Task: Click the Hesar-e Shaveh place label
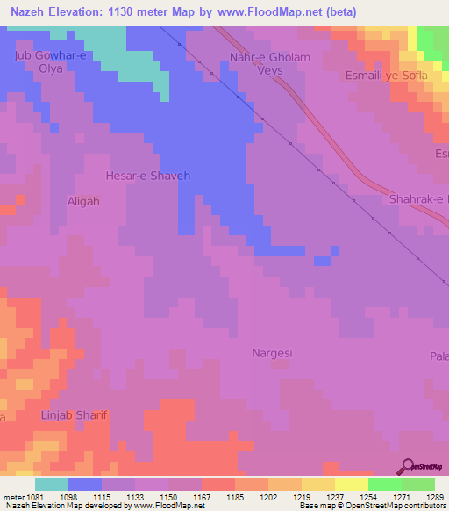click(x=147, y=176)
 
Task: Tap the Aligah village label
click(x=84, y=201)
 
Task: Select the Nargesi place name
click(x=272, y=354)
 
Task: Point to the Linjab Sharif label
click(x=75, y=414)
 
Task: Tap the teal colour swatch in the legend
click(x=52, y=484)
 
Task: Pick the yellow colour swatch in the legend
click(x=351, y=484)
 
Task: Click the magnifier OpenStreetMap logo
click(x=408, y=466)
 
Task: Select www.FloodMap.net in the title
click(x=267, y=10)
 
